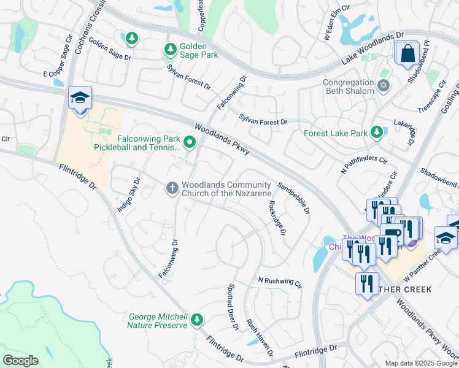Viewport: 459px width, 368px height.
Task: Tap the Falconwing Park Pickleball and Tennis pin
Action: (190, 144)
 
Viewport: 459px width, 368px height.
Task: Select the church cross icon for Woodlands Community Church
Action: (172, 188)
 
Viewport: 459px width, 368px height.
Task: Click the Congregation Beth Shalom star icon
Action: (384, 85)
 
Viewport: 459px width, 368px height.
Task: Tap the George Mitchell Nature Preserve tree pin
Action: (196, 320)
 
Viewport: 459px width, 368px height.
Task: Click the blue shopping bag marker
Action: (407, 54)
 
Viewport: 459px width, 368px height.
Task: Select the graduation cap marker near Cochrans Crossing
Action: (80, 99)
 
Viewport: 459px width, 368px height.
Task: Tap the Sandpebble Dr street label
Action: (293, 198)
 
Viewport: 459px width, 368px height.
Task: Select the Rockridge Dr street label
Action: (277, 218)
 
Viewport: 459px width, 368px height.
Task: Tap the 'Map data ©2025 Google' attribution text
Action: (422, 363)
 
